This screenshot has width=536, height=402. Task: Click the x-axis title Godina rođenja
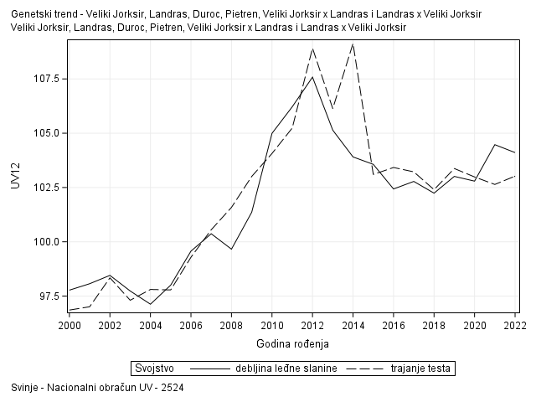292,343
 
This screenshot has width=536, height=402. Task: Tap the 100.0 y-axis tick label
47,242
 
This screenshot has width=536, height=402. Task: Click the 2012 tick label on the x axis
312,325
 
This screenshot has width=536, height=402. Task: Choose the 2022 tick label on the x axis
514,325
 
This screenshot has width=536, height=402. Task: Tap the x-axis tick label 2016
394,325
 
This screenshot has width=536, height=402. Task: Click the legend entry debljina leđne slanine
286,368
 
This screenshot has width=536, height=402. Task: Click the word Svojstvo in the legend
154,368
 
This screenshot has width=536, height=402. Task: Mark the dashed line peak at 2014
353,43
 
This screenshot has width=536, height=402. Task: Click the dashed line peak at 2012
312,48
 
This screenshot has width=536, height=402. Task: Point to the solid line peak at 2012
312,77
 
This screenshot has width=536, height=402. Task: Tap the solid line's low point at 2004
150,304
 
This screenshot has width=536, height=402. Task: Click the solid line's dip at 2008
231,249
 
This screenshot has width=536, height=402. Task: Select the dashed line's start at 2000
70,310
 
